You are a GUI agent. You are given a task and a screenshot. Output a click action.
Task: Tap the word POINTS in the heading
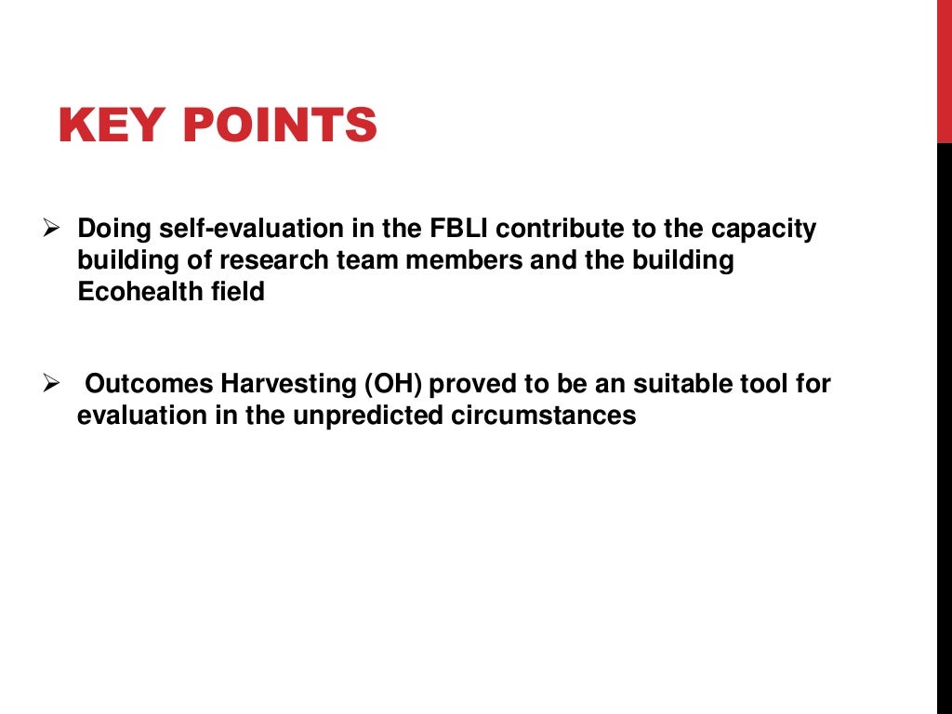tap(282, 126)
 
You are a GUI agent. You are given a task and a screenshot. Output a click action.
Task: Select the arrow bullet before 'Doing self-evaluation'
tap(52, 227)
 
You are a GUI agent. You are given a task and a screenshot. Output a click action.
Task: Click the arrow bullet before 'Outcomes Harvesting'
tap(52, 383)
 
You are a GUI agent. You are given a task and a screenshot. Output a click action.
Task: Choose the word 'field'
tap(240, 292)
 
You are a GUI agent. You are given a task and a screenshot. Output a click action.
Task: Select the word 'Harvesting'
tap(287, 384)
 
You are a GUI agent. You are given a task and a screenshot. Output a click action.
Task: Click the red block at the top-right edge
tap(944, 71)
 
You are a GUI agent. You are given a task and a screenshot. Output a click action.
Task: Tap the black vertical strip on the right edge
tap(944, 428)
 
